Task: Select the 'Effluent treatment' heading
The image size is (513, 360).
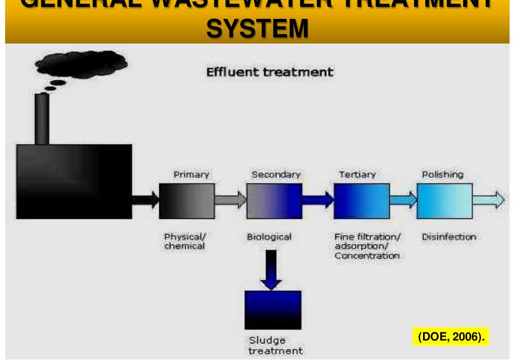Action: pyautogui.click(x=269, y=73)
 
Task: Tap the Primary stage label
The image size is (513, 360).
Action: pyautogui.click(x=191, y=174)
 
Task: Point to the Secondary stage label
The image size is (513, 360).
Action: pyautogui.click(x=276, y=174)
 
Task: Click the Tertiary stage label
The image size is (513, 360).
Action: pyautogui.click(x=357, y=174)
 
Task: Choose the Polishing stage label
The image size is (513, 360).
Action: pyautogui.click(x=442, y=174)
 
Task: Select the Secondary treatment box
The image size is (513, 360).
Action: pyautogui.click(x=274, y=201)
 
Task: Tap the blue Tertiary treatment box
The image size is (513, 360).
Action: pyautogui.click(x=361, y=201)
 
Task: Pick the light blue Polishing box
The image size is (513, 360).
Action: pyautogui.click(x=445, y=201)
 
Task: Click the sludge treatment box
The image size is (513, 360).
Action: pyautogui.click(x=273, y=310)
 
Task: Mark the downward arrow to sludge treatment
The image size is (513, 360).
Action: pyautogui.click(x=271, y=269)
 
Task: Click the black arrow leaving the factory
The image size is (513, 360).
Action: pyautogui.click(x=146, y=200)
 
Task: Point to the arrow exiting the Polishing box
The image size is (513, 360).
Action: pyautogui.click(x=489, y=200)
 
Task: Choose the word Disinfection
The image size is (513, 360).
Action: pyautogui.click(x=449, y=237)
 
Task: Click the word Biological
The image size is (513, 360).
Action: pyautogui.click(x=269, y=237)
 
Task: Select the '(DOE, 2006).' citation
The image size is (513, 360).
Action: pyautogui.click(x=451, y=336)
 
